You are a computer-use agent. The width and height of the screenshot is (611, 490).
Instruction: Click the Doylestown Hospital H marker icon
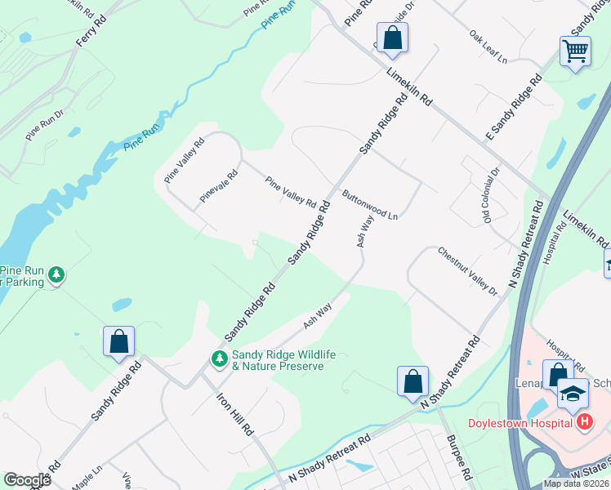[585, 422]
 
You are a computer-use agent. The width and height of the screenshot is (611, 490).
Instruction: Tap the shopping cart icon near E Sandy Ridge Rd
[575, 51]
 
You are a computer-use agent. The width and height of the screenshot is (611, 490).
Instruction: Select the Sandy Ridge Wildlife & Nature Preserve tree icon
[219, 359]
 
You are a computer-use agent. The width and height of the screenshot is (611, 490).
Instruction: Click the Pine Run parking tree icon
[56, 275]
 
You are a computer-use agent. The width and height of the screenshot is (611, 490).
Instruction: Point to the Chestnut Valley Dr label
[467, 270]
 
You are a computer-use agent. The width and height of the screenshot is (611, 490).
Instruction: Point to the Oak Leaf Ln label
[488, 48]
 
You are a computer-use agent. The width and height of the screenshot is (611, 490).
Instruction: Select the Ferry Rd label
[91, 35]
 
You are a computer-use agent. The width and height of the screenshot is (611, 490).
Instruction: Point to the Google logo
[27, 479]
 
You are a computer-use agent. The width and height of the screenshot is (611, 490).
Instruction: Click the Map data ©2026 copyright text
[577, 483]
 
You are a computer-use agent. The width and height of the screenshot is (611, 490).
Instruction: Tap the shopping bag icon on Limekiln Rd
[393, 37]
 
